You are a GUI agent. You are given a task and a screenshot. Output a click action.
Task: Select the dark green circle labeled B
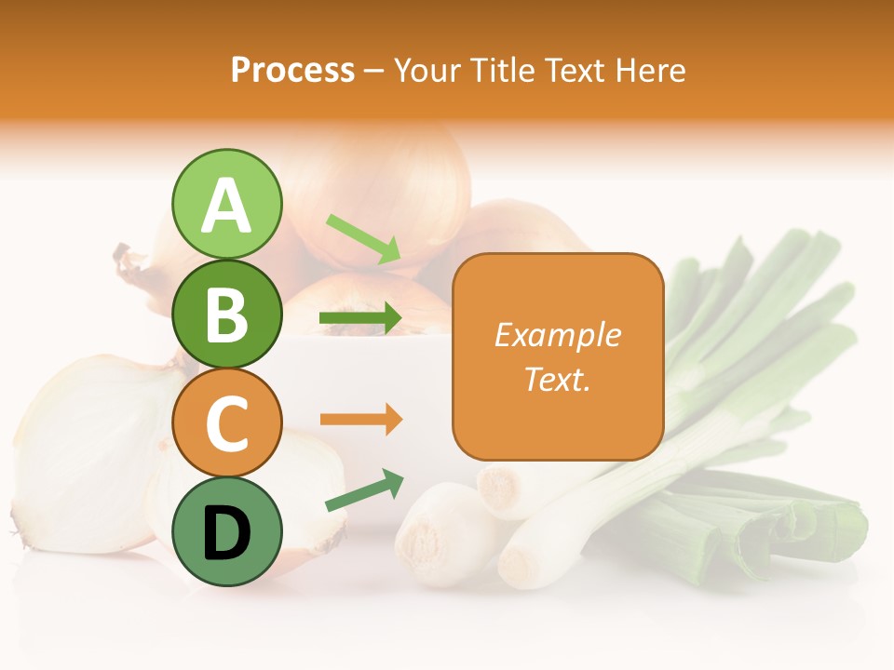point(226,314)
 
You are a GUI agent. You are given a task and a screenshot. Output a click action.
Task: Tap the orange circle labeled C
point(226,422)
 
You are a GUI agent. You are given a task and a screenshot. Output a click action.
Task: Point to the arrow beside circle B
point(360,319)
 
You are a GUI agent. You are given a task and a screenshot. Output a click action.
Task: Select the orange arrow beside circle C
point(360,420)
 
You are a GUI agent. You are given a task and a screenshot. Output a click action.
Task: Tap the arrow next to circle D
point(364,490)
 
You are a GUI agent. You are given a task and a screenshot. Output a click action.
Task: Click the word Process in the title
point(292,70)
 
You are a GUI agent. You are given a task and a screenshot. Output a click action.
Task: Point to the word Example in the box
point(557,335)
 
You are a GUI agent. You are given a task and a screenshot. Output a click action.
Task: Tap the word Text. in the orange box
point(557,379)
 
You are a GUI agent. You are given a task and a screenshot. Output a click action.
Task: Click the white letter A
point(226,205)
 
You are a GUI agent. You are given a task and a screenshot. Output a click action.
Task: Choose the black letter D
point(226,533)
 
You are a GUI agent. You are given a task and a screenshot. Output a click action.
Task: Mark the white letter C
point(226,424)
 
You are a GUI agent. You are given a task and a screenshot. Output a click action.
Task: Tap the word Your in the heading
point(427,70)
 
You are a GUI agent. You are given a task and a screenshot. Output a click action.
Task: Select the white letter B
point(226,315)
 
